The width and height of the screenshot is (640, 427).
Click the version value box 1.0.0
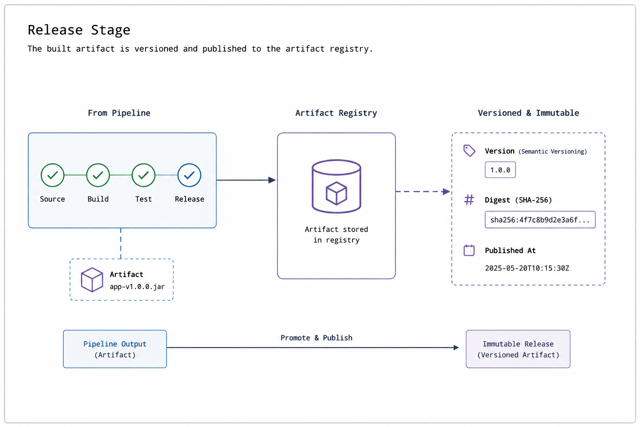click(500, 170)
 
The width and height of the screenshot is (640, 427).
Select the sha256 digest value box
click(540, 220)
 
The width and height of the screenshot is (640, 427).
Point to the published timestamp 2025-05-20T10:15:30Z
click(527, 268)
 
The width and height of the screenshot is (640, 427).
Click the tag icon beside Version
click(469, 151)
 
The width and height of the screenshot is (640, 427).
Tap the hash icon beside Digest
click(469, 200)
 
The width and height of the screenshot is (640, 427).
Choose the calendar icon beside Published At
click(469, 250)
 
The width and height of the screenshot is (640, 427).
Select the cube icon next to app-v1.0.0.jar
click(92, 280)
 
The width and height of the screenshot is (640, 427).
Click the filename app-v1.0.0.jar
click(137, 286)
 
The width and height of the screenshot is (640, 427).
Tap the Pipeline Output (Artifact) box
click(115, 349)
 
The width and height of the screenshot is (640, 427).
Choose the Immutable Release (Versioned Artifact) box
click(518, 349)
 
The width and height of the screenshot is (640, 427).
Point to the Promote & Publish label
click(316, 338)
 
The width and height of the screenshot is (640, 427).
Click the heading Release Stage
click(79, 30)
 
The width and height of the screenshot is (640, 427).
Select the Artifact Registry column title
click(336, 113)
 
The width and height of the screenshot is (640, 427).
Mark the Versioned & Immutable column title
click(529, 113)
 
